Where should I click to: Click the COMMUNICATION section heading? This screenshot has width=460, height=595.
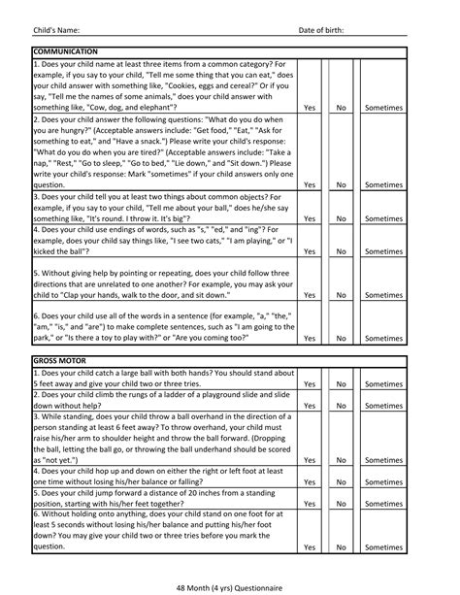(65, 50)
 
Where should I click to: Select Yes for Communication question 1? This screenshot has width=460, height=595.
(309, 109)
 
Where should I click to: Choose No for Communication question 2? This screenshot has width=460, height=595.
(341, 183)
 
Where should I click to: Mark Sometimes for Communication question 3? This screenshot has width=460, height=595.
(383, 219)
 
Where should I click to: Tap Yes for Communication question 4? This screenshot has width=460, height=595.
(309, 251)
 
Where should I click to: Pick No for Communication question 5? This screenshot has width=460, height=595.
(341, 295)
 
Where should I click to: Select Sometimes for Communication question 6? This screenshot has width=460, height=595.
(383, 339)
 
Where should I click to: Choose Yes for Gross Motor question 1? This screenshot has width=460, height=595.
(309, 384)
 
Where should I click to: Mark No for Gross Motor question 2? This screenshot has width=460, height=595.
(341, 407)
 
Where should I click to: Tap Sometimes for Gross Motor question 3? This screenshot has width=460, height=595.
(383, 460)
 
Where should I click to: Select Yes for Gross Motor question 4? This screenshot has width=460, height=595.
(309, 482)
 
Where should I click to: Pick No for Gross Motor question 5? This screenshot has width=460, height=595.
(341, 504)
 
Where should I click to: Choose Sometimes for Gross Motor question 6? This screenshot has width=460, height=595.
(383, 547)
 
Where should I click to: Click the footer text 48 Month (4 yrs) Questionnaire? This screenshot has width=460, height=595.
(230, 586)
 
